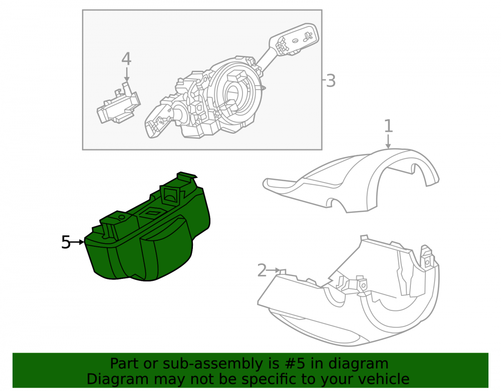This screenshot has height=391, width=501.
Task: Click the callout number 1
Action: point(388,126)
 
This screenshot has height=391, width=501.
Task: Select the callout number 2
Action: point(262,270)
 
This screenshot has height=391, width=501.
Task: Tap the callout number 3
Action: point(331,81)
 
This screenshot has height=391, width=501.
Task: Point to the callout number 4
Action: point(126,59)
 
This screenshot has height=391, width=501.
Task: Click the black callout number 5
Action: point(66,242)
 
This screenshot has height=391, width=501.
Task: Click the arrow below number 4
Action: point(127,75)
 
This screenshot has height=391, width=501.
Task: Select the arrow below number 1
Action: point(388,142)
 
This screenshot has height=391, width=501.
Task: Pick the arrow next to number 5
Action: point(78,242)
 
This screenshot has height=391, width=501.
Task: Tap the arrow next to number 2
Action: point(274,270)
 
